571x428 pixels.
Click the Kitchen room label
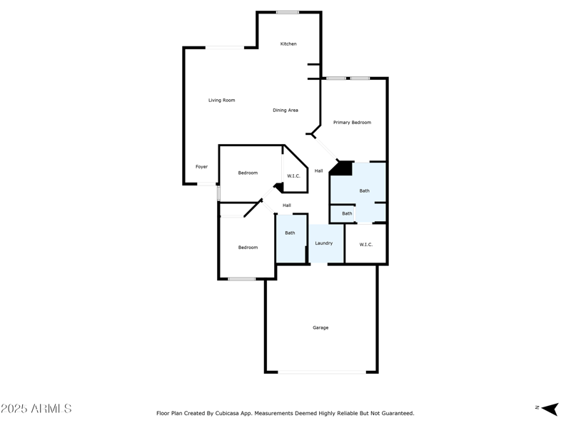[x=288, y=44]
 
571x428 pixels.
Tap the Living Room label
[x=221, y=101]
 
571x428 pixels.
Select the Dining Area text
[x=285, y=111]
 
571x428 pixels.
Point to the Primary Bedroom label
[x=352, y=123]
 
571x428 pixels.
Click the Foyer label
[x=202, y=167]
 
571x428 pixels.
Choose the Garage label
[x=320, y=328]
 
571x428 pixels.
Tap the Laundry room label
[x=324, y=243]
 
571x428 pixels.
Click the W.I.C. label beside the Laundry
[x=366, y=245]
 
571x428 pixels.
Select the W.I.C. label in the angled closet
[x=293, y=175]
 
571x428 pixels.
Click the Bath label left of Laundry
[x=290, y=233]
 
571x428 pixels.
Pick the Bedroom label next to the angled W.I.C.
[x=248, y=173]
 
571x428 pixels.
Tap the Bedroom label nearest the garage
[x=248, y=248]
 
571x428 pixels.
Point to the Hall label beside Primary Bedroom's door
[x=319, y=170]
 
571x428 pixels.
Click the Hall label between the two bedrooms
[x=286, y=205]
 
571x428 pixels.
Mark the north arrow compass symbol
[x=549, y=409]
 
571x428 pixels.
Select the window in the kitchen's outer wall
[x=288, y=12]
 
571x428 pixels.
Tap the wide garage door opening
[x=321, y=372]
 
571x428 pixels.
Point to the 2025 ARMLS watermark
[x=36, y=409]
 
